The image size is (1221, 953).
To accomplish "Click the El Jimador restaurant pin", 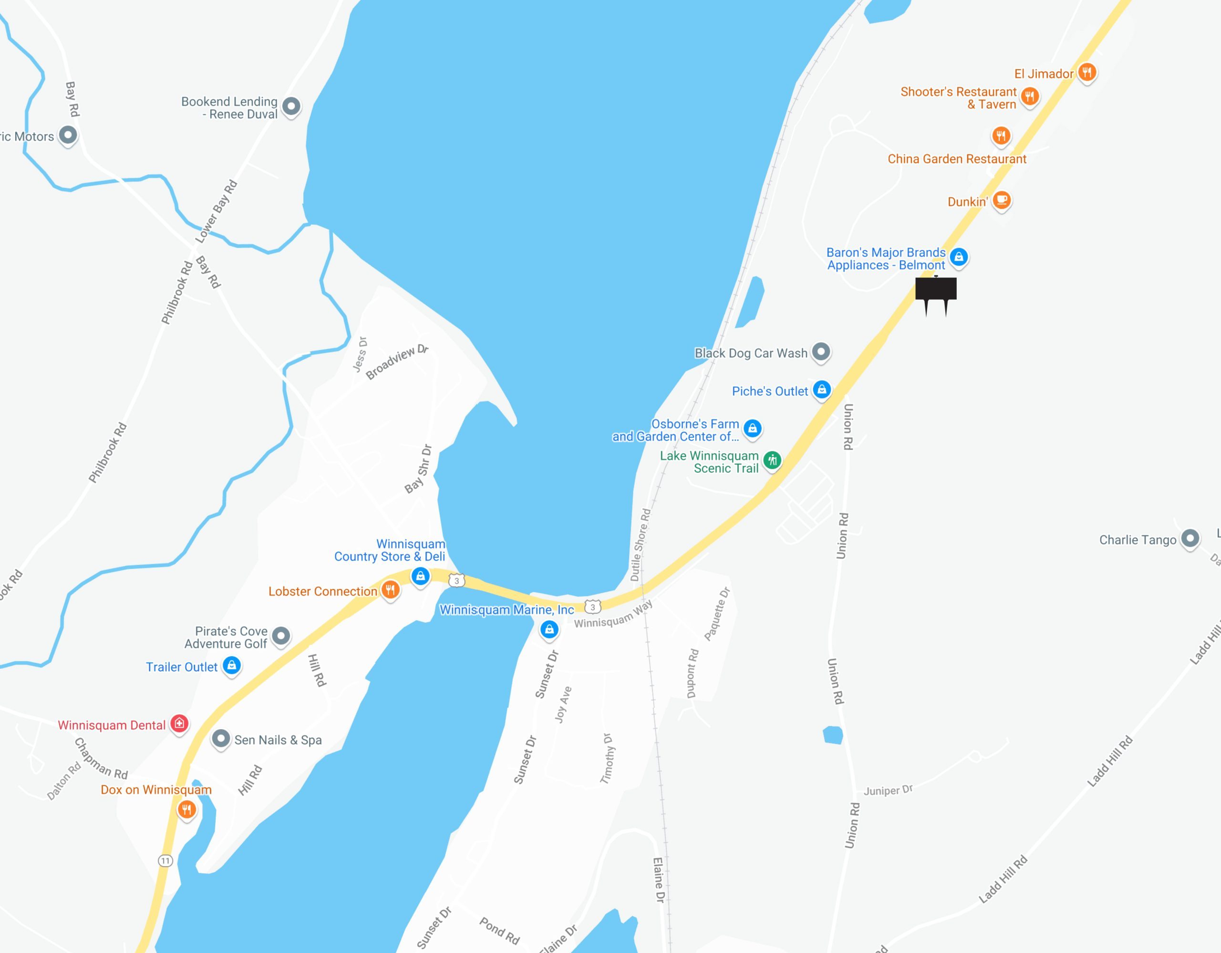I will tap(1086, 72).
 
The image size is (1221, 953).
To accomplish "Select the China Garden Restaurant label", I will tap(957, 159).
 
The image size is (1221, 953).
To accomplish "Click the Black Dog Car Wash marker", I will tap(821, 352).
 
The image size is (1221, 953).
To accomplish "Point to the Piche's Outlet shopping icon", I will tap(821, 390).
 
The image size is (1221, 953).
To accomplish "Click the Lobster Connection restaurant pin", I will tap(390, 589).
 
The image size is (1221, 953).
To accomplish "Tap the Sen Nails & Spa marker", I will tap(221, 739).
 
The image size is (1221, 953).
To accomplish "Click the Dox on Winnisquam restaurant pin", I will tap(186, 809).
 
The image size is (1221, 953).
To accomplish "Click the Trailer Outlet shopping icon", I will tap(231, 665).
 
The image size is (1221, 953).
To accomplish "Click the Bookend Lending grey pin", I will tap(291, 105).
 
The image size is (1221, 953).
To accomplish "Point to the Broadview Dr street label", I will tap(396, 362).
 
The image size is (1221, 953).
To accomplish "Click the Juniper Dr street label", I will tap(888, 790).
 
